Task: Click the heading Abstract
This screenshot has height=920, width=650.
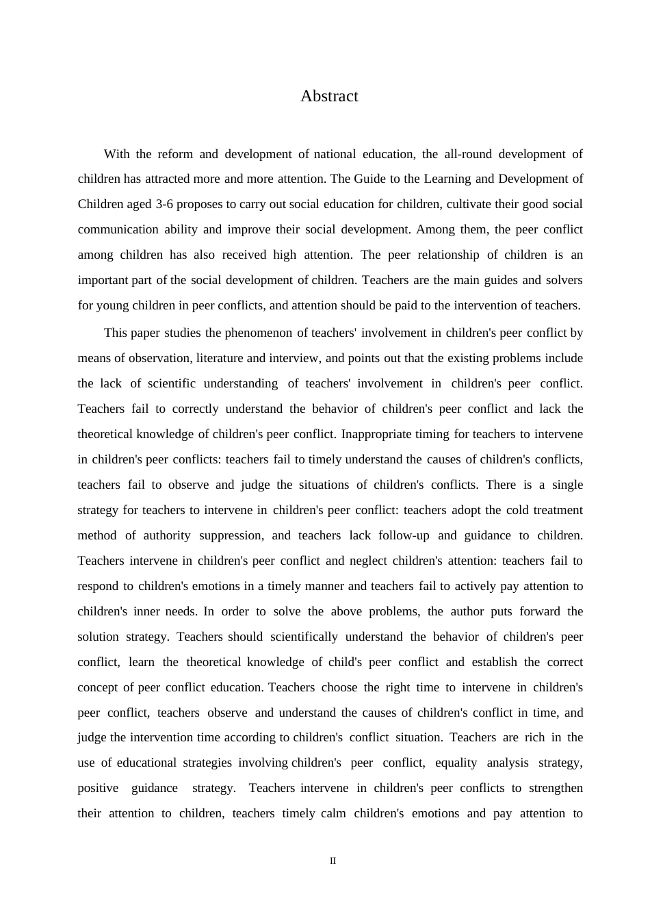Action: point(329,97)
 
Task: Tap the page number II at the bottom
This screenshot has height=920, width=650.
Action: point(333,861)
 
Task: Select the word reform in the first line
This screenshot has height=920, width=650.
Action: point(174,154)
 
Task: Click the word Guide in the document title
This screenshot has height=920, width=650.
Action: point(370,179)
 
